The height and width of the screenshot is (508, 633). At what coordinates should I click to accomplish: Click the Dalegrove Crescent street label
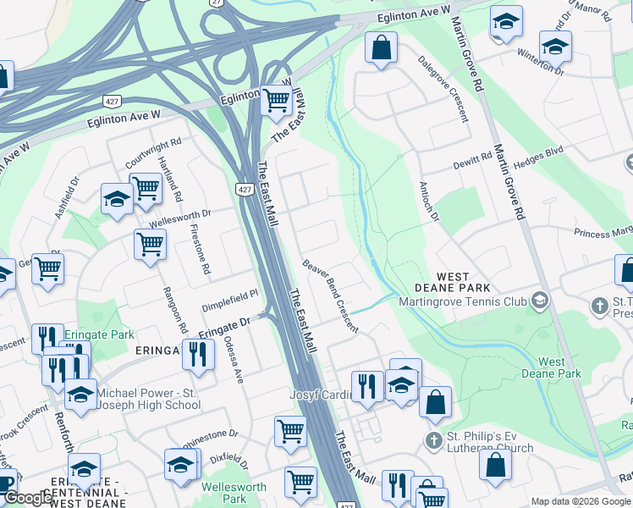pos(443,89)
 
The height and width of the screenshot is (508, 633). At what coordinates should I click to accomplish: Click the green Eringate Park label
pos(103,334)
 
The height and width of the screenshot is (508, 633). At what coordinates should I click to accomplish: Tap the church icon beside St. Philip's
pos(434,440)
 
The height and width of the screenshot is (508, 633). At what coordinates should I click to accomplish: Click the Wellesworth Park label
pos(234,493)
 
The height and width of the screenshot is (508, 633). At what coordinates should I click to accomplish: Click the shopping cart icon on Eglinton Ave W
pos(276,99)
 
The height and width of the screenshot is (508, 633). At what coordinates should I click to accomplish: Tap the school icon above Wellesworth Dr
pos(117,199)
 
